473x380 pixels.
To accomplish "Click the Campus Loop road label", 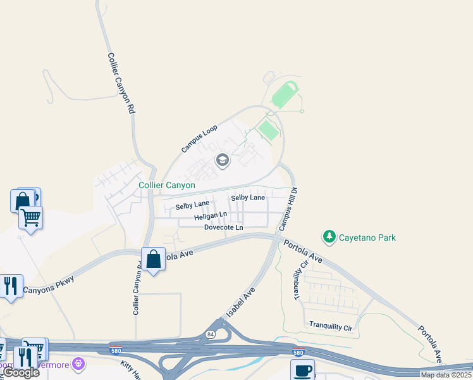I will pos(199,139).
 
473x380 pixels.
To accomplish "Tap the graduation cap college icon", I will pos(222,160).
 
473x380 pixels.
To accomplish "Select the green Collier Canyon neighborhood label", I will pos(167,186).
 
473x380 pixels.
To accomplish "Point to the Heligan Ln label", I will pos(211,217).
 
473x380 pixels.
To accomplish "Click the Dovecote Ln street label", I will pos(223,227).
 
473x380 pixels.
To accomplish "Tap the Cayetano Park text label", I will pos(367,237).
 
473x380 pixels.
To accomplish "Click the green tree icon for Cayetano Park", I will pos(329,237).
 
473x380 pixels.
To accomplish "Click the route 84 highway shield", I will pos(211,334).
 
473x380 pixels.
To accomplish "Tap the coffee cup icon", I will pos(302,370).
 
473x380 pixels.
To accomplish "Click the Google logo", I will pos(21,372).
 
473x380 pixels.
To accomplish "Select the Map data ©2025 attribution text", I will pos(446,375).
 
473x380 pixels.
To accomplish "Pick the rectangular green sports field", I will pos(269,130).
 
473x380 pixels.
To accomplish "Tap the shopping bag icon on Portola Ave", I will pos(153,259).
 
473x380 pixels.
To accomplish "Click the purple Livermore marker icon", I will pos(78,364).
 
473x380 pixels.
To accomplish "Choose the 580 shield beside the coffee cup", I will pos(297,352).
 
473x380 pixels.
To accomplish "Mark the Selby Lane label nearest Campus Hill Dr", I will pos(248,198).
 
